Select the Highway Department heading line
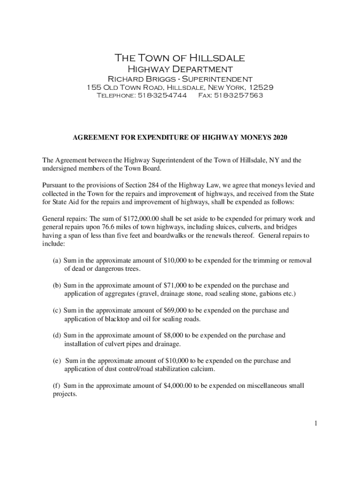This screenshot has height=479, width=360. (x=180, y=69)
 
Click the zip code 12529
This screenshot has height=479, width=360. (x=261, y=87)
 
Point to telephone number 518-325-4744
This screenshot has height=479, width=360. (x=161, y=95)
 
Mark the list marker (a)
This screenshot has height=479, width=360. (x=57, y=261)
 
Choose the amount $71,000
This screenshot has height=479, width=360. (x=176, y=285)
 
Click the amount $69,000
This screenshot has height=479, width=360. (x=176, y=310)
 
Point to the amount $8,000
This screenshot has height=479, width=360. (x=174, y=335)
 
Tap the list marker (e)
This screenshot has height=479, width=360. (x=57, y=361)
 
